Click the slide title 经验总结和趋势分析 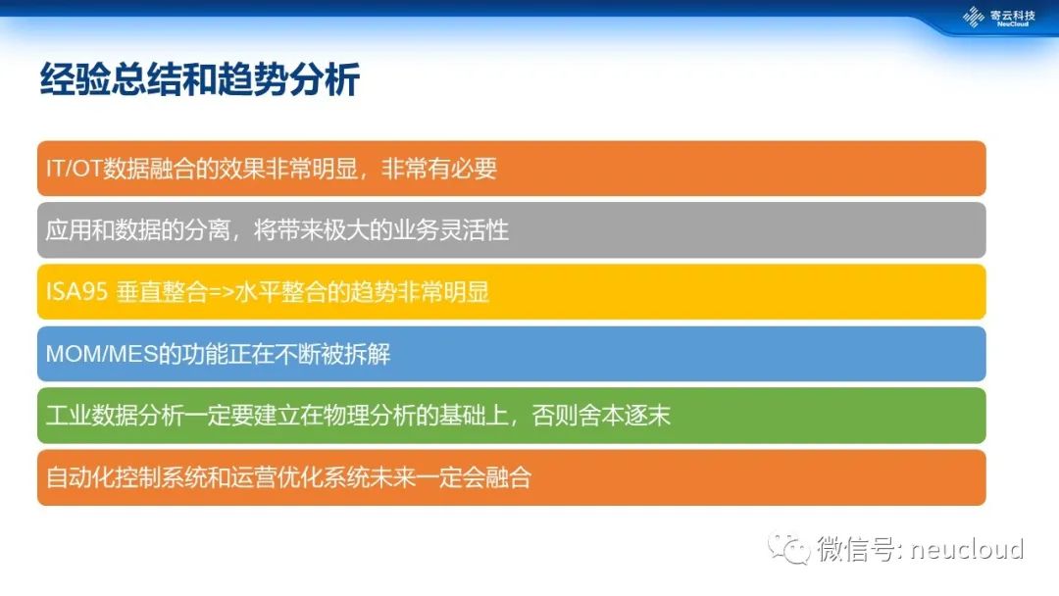199,79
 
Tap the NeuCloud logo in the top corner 998,17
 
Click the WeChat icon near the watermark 787,548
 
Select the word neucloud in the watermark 967,549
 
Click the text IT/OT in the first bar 74,168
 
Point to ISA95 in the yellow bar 76,291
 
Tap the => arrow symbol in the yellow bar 221,292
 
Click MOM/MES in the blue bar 101,354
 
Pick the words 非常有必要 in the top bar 439,168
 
